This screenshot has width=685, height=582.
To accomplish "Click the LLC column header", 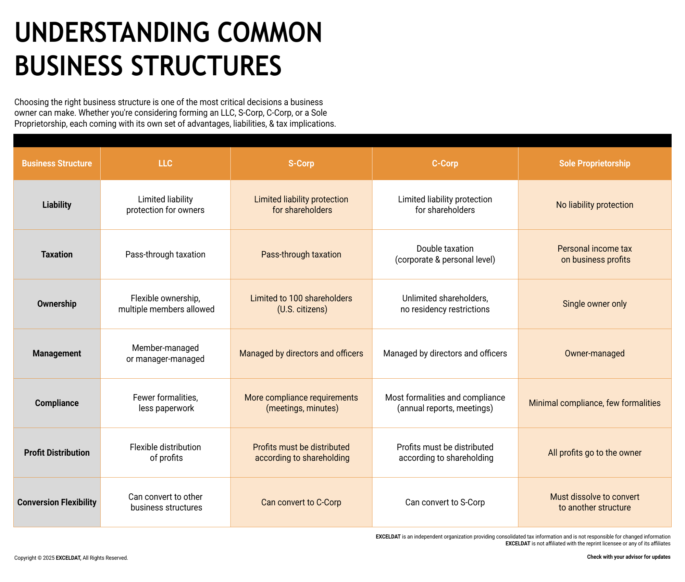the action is (x=165, y=164).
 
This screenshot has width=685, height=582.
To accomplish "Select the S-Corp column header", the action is (x=301, y=164).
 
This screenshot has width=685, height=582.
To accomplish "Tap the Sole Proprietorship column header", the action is (x=595, y=164).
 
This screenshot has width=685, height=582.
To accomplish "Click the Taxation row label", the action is (x=57, y=254).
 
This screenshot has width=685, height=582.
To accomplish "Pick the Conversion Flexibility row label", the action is (x=57, y=502).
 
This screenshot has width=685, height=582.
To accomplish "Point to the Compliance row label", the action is (x=57, y=403).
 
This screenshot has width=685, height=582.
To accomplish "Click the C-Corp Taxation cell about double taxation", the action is (x=445, y=254).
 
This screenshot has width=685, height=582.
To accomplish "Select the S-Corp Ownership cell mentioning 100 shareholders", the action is (x=301, y=304).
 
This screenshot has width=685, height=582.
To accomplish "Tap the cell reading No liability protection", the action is (x=595, y=205).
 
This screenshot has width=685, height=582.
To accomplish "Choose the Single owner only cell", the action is (x=595, y=304).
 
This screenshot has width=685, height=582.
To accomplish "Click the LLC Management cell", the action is (x=165, y=353).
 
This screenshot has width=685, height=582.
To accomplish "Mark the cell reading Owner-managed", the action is (x=595, y=353).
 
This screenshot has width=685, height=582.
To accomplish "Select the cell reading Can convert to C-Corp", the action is (x=301, y=502).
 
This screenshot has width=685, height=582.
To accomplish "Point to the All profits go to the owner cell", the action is (x=595, y=453).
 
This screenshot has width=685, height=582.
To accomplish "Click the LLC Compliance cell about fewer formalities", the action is (x=165, y=403).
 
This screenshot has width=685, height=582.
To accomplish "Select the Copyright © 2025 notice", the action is (x=71, y=558).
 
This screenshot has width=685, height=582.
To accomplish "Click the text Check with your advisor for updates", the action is (x=628, y=557).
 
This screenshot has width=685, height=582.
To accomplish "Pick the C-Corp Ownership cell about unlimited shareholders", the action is (x=445, y=304).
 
